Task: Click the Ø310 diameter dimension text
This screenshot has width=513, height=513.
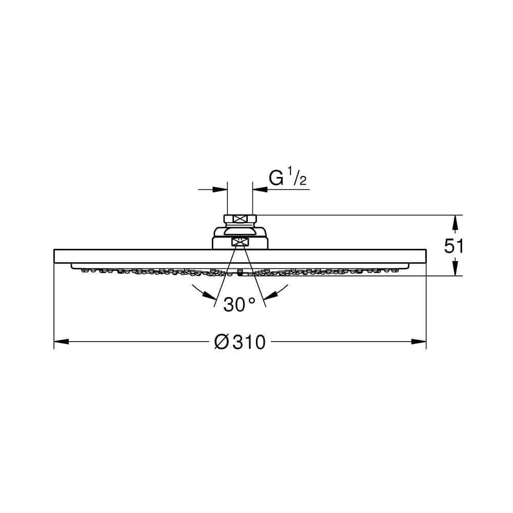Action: click(240, 342)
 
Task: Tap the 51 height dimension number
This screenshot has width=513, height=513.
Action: click(453, 246)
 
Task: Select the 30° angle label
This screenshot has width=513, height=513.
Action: click(239, 304)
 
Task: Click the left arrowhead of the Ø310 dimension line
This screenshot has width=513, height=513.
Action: click(61, 342)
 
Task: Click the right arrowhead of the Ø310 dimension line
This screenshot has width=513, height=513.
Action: click(419, 342)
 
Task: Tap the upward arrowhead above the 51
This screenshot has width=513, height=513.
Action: click(455, 223)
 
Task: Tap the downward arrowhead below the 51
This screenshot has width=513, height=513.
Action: click(455, 268)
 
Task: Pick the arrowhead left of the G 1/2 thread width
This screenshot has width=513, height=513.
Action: click(220, 189)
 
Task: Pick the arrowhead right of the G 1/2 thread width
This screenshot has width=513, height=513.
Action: click(260, 189)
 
